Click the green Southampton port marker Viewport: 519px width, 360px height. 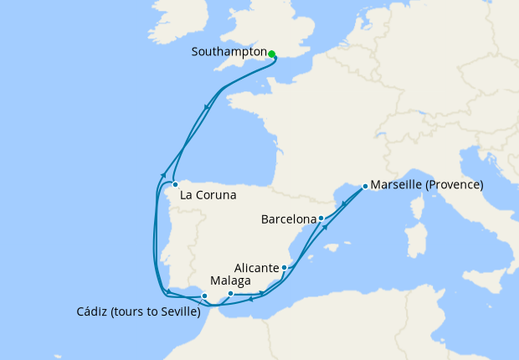[272, 54]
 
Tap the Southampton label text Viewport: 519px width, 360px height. [229, 52]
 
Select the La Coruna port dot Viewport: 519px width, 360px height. [175, 184]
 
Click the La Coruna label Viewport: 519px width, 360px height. [207, 195]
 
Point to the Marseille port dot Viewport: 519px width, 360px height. [365, 186]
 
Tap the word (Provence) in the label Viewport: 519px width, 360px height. [455, 185]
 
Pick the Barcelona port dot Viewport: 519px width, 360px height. [321, 219]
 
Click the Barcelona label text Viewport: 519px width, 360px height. [289, 220]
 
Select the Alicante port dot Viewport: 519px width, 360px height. [285, 268]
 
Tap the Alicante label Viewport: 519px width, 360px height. [256, 268]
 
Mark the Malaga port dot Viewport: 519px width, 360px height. [230, 293]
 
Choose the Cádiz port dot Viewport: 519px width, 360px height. [204, 296]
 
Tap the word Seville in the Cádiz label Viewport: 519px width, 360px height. [177, 312]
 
